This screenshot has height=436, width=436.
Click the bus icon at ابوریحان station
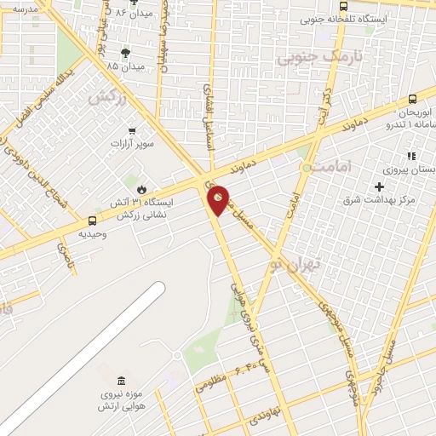(413, 99)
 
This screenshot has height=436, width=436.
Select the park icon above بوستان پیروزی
(410, 156)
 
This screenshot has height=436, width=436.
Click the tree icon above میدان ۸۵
(126, 52)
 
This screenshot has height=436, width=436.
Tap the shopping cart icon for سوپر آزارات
(132, 130)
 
